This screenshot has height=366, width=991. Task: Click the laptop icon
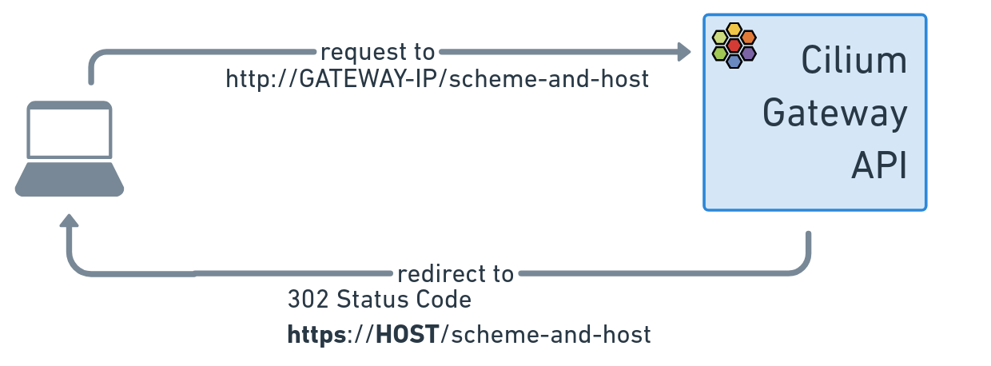point(70,149)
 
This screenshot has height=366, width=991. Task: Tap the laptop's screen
point(70,130)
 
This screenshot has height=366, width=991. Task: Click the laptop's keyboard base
point(70,179)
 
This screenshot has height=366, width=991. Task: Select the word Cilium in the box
point(854,60)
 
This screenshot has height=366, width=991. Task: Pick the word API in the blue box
point(879,165)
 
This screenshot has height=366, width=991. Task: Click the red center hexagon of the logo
point(734,45)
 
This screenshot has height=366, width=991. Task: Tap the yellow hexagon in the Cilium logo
point(734,30)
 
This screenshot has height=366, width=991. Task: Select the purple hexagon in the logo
point(749,54)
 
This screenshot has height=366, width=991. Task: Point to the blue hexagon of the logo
point(734,61)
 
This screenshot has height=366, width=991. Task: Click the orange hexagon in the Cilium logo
point(749,38)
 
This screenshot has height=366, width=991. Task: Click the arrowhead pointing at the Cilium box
point(684,52)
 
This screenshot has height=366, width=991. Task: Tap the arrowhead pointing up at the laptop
point(69,221)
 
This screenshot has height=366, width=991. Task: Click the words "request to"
point(378,52)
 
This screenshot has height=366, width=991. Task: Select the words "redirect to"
point(456,274)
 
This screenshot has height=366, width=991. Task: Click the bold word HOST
point(408,334)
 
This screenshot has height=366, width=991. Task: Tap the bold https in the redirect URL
point(316,335)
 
